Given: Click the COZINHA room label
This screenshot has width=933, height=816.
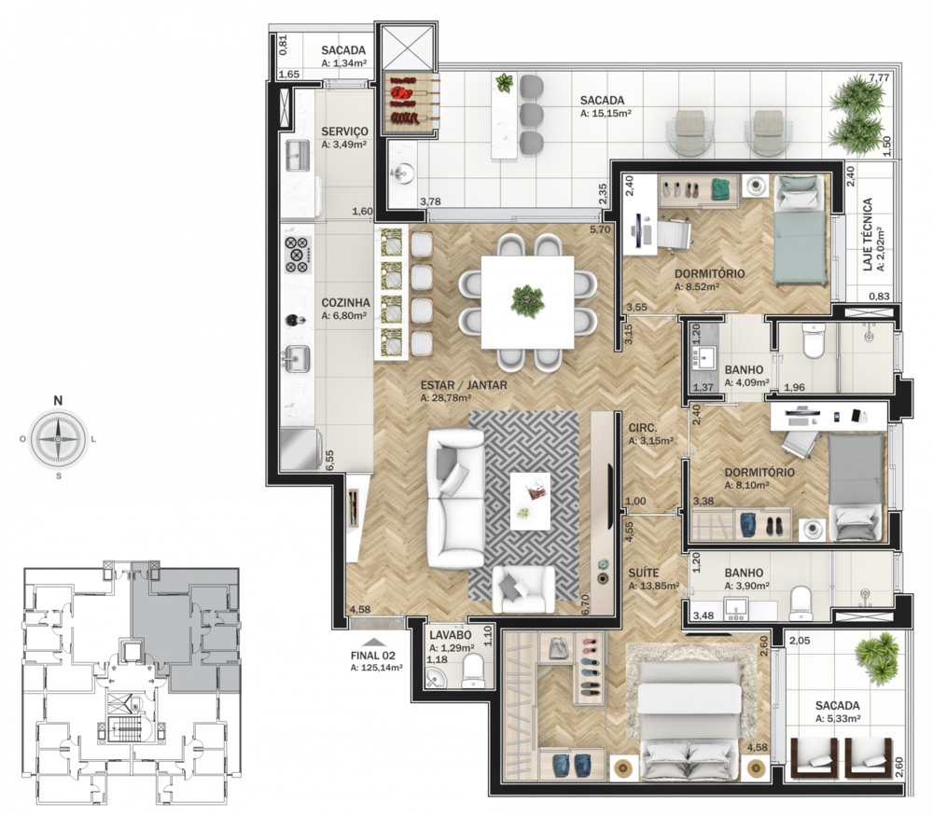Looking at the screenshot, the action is point(345,303).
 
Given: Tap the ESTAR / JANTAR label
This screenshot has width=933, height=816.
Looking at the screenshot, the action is point(464,385).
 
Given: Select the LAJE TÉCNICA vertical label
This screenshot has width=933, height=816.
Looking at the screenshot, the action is point(867,234).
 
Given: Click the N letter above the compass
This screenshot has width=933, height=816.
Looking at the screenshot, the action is point(58,400).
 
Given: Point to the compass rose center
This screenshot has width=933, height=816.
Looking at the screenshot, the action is point(58,439).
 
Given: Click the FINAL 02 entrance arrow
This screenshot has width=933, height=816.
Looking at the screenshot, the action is point(373,643).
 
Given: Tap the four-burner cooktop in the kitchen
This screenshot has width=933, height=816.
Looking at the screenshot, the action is point(298,255).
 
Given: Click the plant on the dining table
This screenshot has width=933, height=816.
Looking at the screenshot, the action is point(526,300).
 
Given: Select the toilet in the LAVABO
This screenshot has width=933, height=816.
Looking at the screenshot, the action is point(474,671).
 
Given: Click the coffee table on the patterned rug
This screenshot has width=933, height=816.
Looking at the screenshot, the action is point(530,501).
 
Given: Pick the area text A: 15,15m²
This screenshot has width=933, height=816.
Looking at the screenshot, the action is point(606,113).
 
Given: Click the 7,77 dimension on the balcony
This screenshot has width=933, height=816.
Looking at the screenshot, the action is point(879,78).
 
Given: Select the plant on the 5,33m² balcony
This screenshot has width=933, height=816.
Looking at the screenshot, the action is point(876,656).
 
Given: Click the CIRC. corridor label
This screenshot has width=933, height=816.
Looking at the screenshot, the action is point(643,428).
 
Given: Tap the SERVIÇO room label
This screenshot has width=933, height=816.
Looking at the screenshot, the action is point(344,131).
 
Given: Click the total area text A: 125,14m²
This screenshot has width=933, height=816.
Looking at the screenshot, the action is point(377,668).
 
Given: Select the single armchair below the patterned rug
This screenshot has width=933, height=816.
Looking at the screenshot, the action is point(523,588).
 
